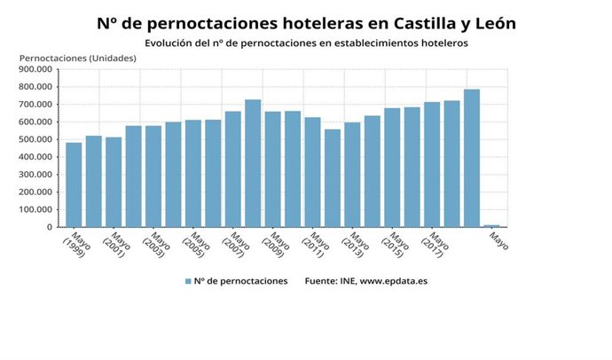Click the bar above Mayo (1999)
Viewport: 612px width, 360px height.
74,184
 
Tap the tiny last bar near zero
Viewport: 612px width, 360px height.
490,225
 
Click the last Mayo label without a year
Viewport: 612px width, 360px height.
499,240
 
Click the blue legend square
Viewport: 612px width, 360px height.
188,281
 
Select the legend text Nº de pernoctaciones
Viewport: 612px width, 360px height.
241,281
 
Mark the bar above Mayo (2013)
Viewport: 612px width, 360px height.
352,175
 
